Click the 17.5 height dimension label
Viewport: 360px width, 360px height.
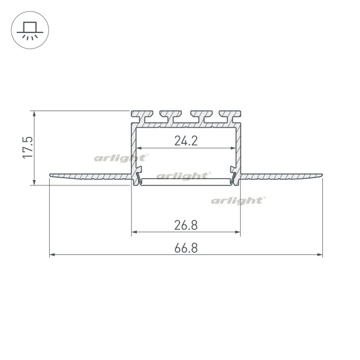[28, 147]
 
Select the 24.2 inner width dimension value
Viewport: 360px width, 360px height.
[186, 141]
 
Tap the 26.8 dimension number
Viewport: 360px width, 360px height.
[186, 225]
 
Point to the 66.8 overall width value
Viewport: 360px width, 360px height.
[186, 248]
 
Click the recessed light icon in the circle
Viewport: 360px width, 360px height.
[30, 31]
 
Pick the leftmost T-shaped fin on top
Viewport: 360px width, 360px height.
[142, 116]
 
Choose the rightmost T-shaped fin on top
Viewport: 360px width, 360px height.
[230, 116]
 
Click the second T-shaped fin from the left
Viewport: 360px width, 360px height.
[170, 116]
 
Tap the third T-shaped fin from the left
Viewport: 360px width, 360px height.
[201, 116]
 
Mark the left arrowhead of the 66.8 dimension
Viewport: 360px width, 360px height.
[52, 254]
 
